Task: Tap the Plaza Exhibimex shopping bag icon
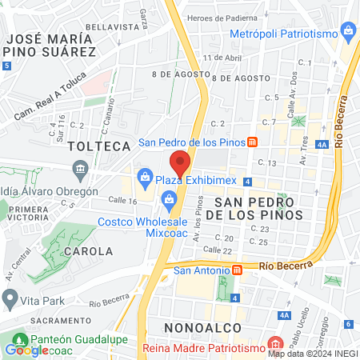pyautogui.click(x=146, y=176)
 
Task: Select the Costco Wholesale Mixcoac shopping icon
pyautogui.click(x=169, y=199)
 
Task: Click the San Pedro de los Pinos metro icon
pyautogui.click(x=252, y=142)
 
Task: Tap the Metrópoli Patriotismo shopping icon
pyautogui.click(x=348, y=33)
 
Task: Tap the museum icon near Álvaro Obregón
pyautogui.click(x=80, y=169)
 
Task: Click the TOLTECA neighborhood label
pyautogui.click(x=99, y=146)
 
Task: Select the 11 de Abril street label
pyautogui.click(x=222, y=58)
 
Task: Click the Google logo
pyautogui.click(x=26, y=350)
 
